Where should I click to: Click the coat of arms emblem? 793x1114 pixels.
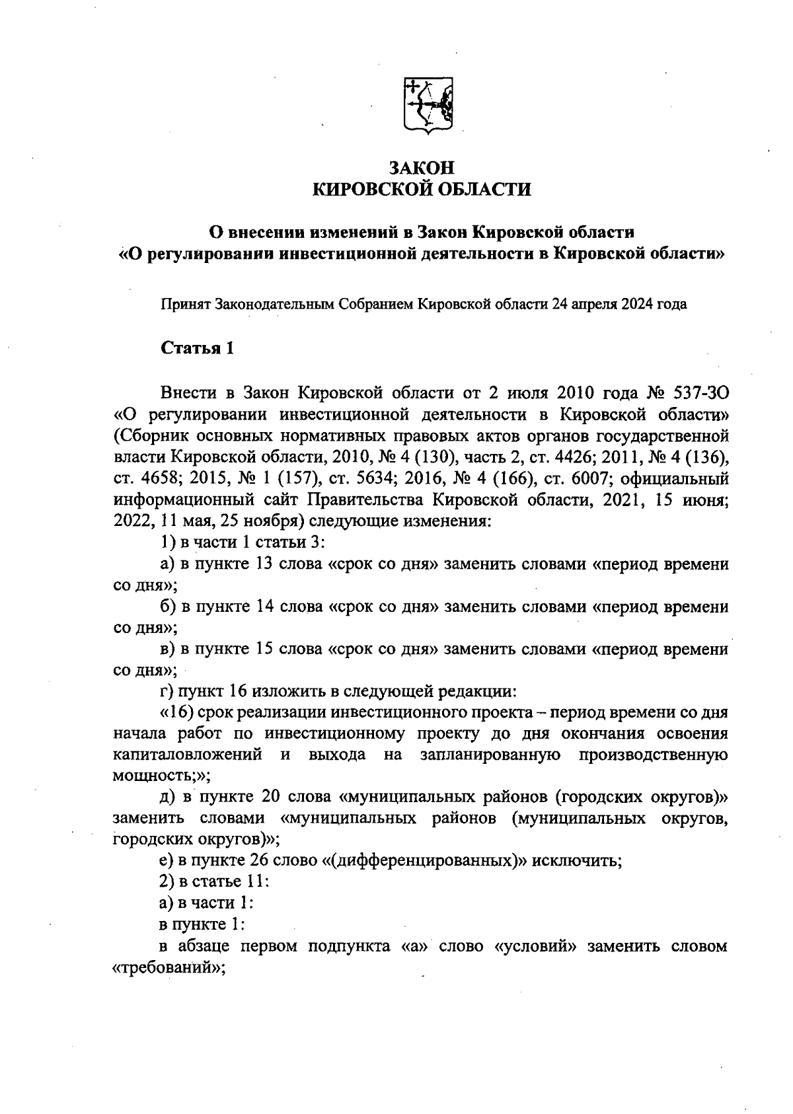tap(428, 106)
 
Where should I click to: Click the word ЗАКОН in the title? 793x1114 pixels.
tap(422, 168)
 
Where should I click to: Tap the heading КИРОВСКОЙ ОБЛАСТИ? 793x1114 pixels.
tap(422, 190)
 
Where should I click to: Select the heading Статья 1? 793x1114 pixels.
tap(198, 348)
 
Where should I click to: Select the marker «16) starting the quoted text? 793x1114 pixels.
tap(176, 713)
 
